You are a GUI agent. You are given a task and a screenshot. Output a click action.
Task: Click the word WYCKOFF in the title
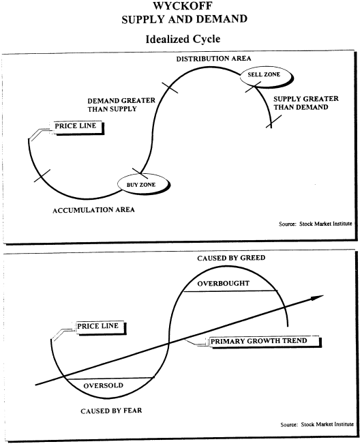(183, 5)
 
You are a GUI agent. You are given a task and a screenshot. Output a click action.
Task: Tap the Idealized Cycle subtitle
(183, 39)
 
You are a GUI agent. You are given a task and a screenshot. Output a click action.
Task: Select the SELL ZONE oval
(266, 76)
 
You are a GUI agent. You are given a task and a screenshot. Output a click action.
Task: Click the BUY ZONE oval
(143, 183)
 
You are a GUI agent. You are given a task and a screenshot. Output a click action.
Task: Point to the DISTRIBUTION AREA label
(213, 59)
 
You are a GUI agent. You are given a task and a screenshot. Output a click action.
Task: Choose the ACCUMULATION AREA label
(93, 210)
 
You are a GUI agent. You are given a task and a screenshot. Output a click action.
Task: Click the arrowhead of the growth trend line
(318, 297)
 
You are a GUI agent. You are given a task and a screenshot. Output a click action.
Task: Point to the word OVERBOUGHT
(224, 284)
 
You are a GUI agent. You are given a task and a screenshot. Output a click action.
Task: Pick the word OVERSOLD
(104, 385)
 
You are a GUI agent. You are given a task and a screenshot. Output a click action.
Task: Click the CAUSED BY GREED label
(231, 258)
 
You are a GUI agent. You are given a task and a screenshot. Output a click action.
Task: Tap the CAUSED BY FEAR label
(111, 411)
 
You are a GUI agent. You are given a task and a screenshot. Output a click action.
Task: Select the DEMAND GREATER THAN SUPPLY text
(121, 105)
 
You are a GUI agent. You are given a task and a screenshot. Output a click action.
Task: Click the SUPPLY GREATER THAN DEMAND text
(306, 103)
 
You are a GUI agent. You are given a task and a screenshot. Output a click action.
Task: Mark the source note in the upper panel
(315, 224)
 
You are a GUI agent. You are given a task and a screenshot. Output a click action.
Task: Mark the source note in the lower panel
(317, 424)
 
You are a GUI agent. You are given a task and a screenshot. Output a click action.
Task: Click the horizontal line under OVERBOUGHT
(230, 291)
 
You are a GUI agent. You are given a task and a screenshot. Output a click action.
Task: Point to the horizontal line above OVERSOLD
(110, 378)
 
